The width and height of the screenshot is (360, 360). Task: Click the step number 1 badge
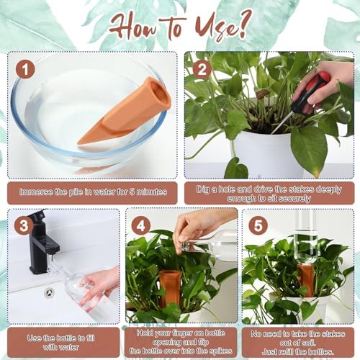tap(25, 69)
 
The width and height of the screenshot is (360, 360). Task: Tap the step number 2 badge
tap(202, 69)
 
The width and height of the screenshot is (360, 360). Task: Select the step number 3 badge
tap(24, 225)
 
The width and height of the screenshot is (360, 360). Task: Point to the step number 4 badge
tap(141, 225)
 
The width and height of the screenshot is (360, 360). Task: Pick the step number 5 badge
tap(258, 225)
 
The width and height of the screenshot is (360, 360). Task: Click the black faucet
tap(42, 243)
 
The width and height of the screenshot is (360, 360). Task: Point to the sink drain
tap(49, 292)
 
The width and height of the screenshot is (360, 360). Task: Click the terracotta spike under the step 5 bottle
tap(305, 279)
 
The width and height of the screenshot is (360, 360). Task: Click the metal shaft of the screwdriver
tap(282, 122)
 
